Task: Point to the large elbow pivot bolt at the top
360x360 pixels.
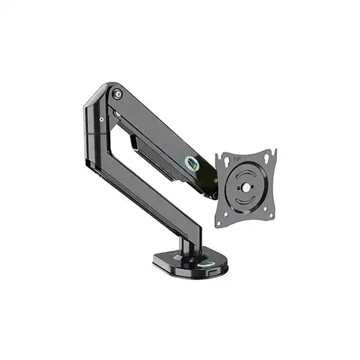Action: click(x=117, y=92)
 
